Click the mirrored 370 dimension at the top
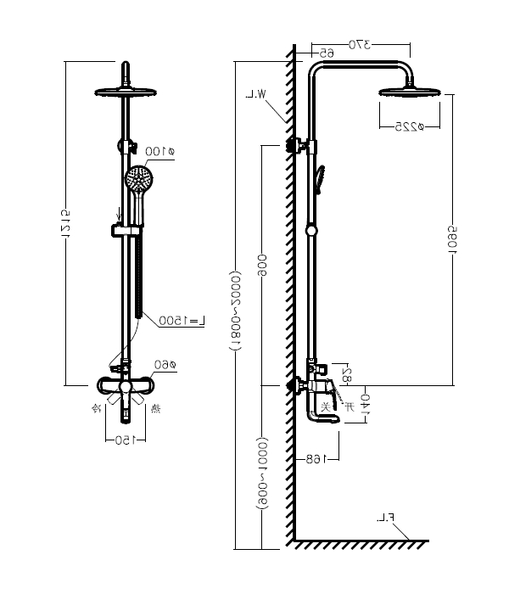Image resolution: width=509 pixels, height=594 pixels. (361, 44)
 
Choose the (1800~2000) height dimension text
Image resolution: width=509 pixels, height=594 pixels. (235, 310)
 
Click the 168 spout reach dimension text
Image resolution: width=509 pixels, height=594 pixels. (316, 458)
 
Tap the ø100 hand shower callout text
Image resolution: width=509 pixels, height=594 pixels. (159, 152)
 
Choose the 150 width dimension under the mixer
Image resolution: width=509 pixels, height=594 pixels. (125, 440)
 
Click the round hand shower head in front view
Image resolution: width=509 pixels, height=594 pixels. (138, 179)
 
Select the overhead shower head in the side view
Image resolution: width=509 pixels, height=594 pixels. (411, 92)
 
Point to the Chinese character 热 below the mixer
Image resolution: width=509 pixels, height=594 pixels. (157, 409)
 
